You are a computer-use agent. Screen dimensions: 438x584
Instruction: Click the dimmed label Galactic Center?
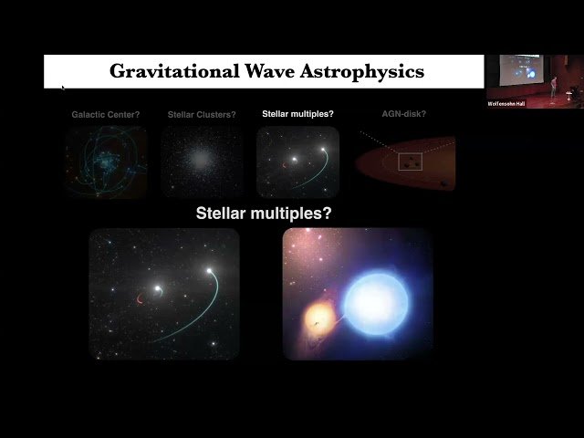click(x=106, y=115)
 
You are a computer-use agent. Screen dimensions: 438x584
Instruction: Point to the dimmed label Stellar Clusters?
click(x=202, y=115)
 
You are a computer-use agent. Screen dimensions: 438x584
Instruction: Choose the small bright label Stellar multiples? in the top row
click(x=297, y=115)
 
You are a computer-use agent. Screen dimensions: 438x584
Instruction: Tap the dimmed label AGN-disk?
click(x=404, y=115)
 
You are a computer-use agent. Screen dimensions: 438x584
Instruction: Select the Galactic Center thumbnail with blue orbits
click(x=106, y=162)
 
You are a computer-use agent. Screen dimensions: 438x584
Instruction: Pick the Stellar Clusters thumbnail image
click(x=202, y=162)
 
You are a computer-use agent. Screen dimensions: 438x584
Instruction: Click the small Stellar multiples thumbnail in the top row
click(x=297, y=162)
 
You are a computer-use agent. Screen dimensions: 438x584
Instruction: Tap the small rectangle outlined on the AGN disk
click(x=411, y=162)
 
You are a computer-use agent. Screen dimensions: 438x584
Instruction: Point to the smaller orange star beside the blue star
click(x=319, y=318)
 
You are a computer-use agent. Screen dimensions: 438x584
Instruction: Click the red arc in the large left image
click(x=141, y=299)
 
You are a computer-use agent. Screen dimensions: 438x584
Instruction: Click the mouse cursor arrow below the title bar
click(x=63, y=89)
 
